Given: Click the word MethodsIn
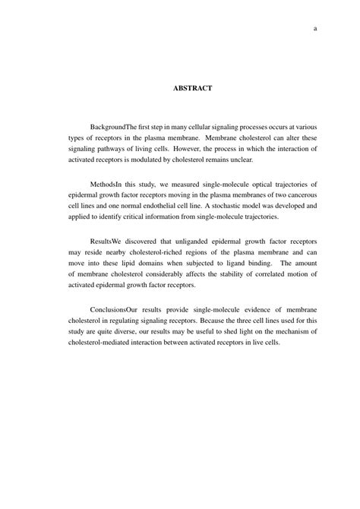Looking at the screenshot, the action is point(106,185).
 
